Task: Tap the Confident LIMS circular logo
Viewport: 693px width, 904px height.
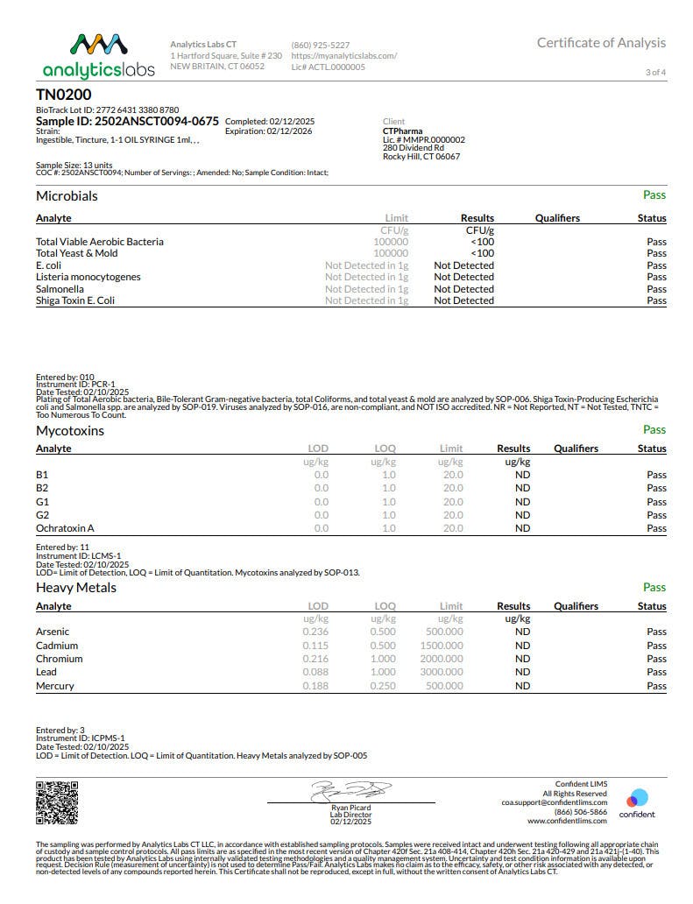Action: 637,799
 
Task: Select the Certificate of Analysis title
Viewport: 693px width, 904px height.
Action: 601,43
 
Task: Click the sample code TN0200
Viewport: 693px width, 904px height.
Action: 63,95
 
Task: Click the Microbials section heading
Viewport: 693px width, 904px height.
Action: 67,196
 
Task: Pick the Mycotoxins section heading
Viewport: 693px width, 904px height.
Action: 70,431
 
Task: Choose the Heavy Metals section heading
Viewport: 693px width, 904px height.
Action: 76,588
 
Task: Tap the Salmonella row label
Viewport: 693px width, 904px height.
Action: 60,289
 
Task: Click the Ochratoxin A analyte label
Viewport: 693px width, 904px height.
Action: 65,528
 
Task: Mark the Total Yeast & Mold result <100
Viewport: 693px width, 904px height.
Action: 482,253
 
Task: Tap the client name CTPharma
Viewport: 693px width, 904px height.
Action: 402,131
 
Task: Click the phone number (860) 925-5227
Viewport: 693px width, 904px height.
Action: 320,45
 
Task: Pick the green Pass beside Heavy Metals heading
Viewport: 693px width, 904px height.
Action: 654,587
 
